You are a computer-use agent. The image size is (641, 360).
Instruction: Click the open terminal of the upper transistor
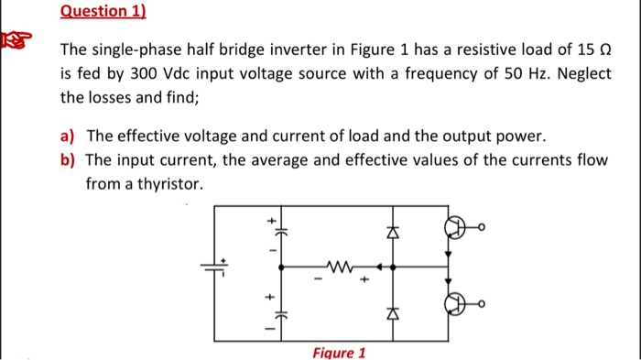pyautogui.click(x=481, y=228)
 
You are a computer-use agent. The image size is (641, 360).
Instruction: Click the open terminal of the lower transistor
pyautogui.click(x=481, y=303)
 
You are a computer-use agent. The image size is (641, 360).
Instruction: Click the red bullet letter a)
pyautogui.click(x=67, y=136)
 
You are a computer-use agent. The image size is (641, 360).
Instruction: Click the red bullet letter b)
pyautogui.click(x=67, y=159)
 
